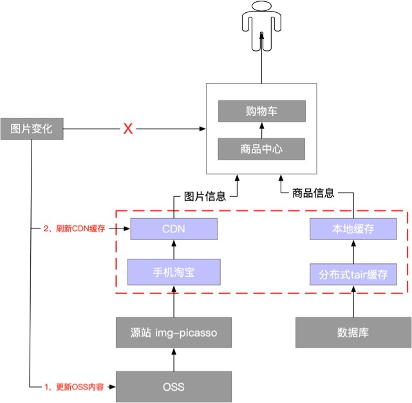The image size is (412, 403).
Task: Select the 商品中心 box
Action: (261, 149)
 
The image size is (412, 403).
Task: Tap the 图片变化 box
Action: (32, 129)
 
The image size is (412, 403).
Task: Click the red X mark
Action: (128, 129)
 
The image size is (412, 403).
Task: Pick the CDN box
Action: (174, 229)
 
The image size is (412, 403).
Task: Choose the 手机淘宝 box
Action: (174, 272)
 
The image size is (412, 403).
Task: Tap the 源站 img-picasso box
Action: (174, 332)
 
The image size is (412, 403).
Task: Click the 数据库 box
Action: (353, 332)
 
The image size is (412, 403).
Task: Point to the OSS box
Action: (174, 386)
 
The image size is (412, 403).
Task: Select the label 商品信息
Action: (313, 192)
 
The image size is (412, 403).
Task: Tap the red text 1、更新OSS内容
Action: (74, 387)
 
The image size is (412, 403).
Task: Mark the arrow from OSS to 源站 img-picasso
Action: (174, 359)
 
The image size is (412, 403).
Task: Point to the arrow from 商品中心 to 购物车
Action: (261, 129)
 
